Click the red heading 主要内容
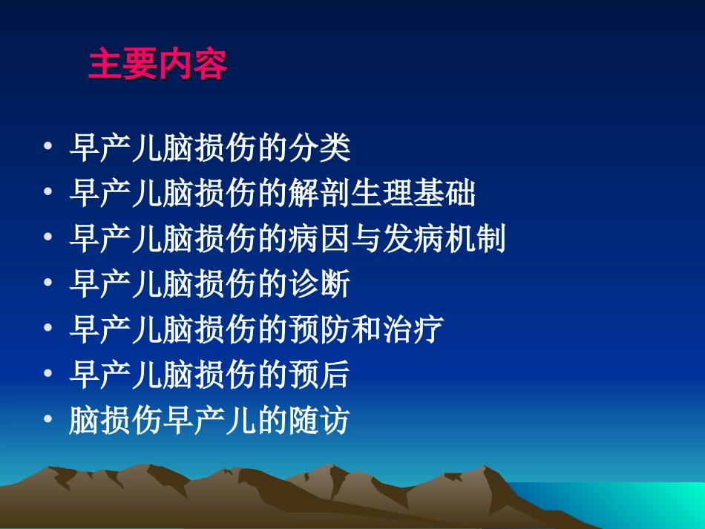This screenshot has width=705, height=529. click(157, 65)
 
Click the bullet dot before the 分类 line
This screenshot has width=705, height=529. click(48, 148)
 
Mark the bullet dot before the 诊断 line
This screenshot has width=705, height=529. click(48, 285)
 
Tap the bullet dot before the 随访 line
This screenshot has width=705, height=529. click(48, 421)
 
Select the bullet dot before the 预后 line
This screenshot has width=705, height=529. click(48, 375)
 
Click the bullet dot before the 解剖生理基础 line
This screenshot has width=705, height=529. click(48, 194)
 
